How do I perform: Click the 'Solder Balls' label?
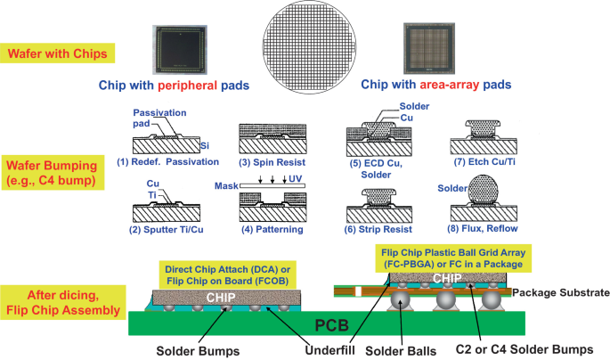click(x=408, y=350)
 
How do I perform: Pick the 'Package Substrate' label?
click(x=566, y=291)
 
